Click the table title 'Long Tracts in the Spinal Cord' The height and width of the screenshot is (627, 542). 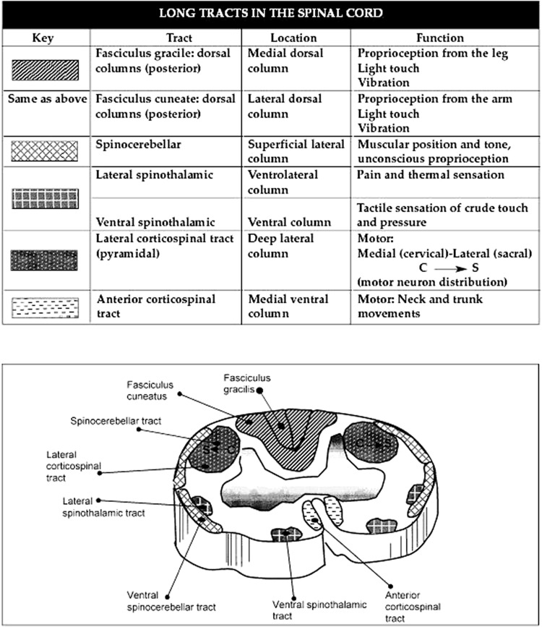[x=271, y=13]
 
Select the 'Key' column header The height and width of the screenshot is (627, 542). [x=44, y=37]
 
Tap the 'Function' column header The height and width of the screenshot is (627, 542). [x=439, y=37]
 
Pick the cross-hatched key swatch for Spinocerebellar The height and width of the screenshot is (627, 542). [x=44, y=150]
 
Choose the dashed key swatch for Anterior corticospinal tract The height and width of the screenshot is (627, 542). [x=44, y=307]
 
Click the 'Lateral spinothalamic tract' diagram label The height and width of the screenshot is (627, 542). [x=103, y=507]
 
